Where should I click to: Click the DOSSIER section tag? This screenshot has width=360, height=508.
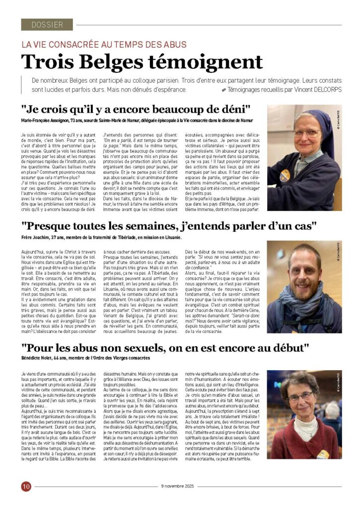coord(47,24)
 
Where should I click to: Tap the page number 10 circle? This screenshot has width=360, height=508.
coord(26,486)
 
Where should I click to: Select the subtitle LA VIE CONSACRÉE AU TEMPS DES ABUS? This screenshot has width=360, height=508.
coord(104,45)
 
